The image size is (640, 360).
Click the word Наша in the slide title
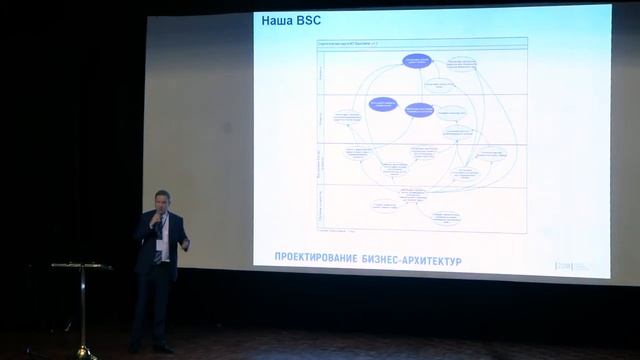275,20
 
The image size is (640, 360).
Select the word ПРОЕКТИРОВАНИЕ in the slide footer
305,260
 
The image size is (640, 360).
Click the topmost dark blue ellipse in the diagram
417,61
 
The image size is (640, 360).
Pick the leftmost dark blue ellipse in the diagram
383,103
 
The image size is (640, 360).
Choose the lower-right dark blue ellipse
419,111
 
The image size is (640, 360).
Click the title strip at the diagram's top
421,43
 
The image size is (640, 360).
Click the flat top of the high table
81,266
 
